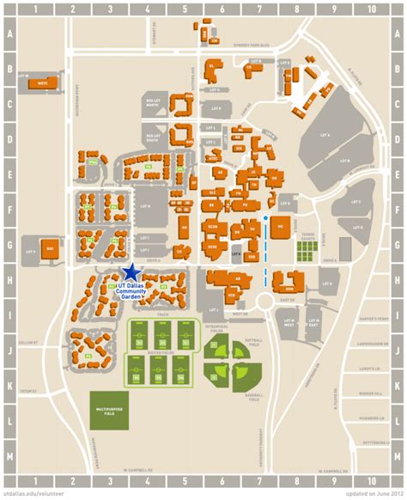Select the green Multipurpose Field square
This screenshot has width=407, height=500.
coord(109,412)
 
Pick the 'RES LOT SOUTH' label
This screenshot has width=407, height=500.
coord(155,137)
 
